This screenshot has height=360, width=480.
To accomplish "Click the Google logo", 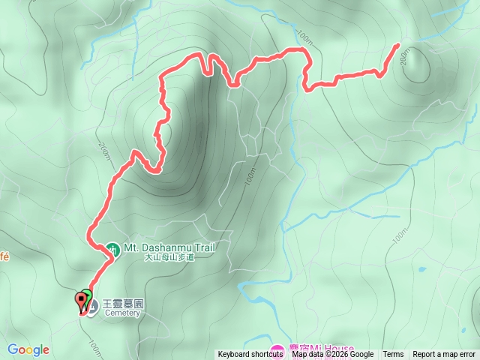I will tap(28, 349).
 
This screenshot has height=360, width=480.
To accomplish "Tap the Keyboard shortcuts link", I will tap(250, 355).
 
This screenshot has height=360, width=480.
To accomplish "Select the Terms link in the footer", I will tap(393, 355).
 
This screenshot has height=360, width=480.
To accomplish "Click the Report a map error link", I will tap(445, 355).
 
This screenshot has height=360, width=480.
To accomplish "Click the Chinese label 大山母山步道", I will tap(169, 257).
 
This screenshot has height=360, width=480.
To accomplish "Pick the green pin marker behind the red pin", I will tap(87, 295).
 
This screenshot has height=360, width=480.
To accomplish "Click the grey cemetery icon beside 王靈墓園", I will tap(91, 305).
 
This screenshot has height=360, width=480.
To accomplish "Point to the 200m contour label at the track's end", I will tap(406, 58).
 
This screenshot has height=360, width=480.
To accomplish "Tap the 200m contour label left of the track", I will tap(103, 151).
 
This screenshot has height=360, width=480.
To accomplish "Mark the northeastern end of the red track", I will tap(397, 46).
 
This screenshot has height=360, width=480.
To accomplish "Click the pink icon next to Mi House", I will tap(277, 350).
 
